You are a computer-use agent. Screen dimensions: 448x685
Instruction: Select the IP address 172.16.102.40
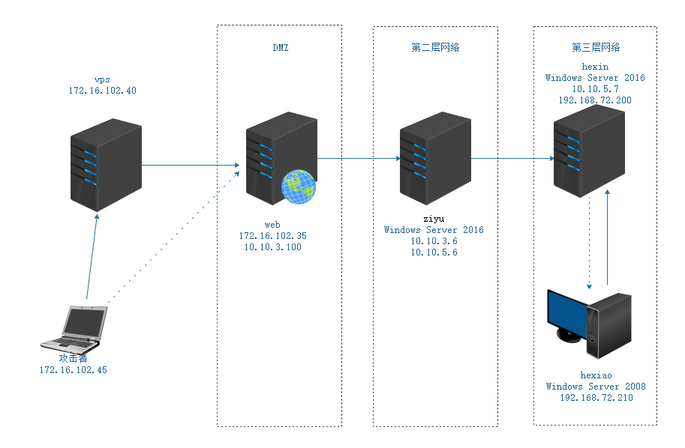102,91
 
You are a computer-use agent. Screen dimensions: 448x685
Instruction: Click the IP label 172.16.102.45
74,370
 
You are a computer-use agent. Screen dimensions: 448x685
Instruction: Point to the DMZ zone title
280,47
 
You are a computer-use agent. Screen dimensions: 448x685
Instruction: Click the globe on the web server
298,187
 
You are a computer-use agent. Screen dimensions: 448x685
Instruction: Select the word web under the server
272,224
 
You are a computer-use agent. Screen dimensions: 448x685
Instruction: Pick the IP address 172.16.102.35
272,235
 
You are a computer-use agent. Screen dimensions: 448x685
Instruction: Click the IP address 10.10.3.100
272,247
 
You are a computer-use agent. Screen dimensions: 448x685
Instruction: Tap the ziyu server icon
434,158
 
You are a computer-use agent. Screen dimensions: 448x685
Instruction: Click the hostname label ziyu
434,218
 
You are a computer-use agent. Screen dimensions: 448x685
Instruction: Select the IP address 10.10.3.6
434,241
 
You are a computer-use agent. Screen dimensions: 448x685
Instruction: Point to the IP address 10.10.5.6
434,253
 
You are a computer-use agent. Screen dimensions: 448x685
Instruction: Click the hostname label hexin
595,66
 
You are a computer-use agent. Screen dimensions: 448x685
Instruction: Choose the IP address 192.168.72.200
595,100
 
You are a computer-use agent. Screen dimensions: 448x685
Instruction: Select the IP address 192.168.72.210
596,398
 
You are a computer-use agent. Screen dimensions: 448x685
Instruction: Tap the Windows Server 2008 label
596,387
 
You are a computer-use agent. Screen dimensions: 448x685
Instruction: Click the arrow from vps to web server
191,165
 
